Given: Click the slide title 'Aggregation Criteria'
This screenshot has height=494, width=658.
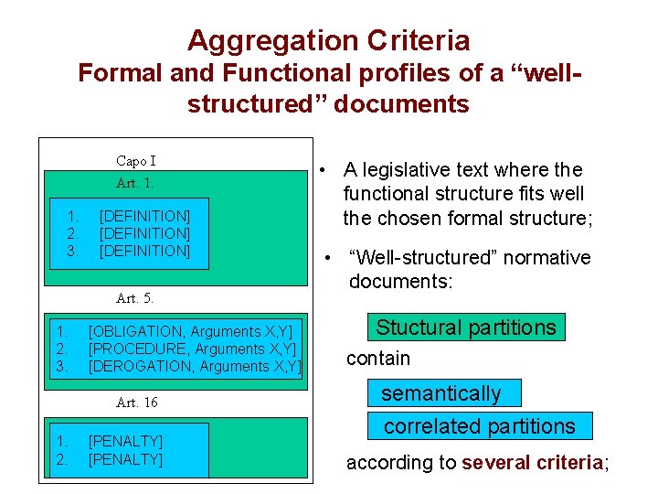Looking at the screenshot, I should [328, 40].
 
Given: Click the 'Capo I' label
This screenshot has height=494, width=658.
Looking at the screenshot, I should [136, 161].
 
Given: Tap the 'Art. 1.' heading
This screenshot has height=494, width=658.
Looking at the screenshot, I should [135, 183].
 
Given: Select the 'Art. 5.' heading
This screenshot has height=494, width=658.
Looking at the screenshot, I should [135, 298].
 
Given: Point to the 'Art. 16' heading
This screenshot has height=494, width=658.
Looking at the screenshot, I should [137, 403].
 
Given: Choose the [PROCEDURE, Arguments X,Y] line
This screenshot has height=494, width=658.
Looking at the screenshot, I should [192, 349].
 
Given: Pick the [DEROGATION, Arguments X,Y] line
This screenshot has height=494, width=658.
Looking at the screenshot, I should [195, 366].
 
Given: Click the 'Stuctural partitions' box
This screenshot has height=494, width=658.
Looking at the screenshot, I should [466, 328].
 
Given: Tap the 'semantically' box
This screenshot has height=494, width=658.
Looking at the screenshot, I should [441, 393].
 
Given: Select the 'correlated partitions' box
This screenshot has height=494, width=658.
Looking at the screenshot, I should [480, 426].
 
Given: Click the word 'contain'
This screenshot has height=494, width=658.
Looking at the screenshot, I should [378, 358].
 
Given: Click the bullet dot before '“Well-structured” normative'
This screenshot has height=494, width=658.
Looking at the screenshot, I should [325, 258].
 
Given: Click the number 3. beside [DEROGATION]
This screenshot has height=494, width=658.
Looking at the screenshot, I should [62, 366].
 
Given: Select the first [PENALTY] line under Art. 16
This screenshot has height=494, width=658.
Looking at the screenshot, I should [125, 441].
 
